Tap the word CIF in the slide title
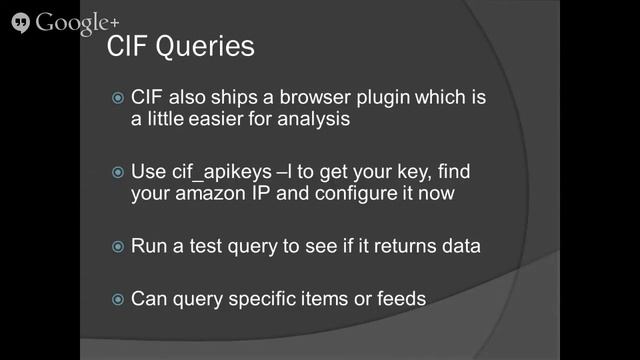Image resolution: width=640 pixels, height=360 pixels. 128,46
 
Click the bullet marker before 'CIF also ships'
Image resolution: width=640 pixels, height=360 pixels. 118,99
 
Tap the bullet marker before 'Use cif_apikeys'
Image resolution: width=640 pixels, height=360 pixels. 118,172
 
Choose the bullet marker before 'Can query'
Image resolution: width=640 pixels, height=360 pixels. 118,298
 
